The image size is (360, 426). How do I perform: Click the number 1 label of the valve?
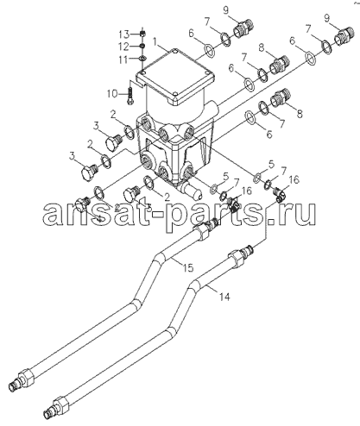click(155, 42)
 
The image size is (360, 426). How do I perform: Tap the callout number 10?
click(113, 93)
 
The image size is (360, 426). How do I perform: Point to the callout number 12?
click(125, 46)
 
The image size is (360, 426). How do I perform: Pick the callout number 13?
click(125, 34)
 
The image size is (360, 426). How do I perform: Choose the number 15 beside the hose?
click(187, 268)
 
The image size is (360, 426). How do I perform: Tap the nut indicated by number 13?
click(142, 34)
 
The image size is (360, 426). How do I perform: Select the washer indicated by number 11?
click(142, 59)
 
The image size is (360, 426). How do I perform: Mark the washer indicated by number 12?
click(142, 46)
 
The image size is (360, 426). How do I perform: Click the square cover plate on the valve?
click(175, 78)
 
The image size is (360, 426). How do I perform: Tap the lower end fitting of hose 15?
click(22, 379)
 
